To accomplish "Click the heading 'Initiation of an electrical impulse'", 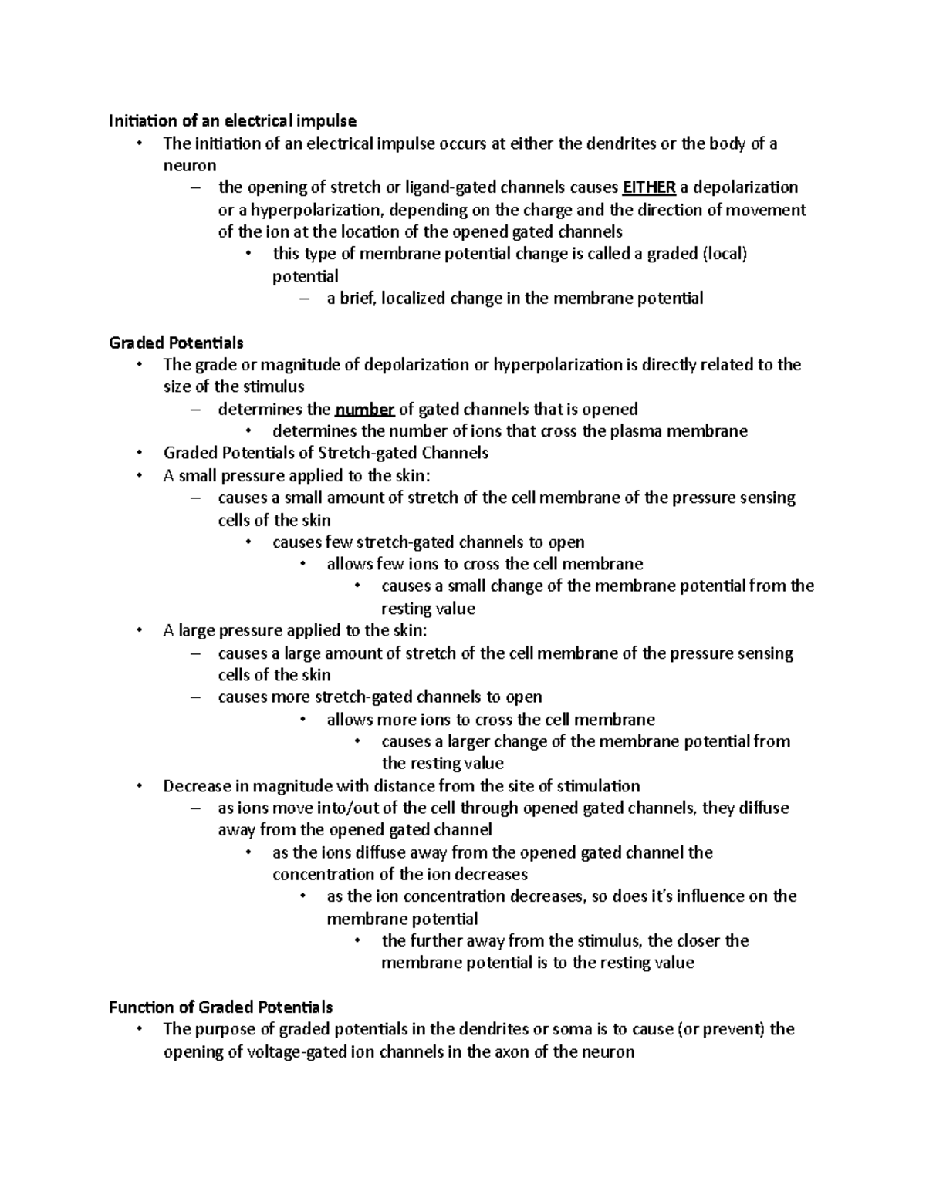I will (232, 120).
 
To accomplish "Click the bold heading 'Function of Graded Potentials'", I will (221, 1007).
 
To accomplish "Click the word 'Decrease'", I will (196, 786).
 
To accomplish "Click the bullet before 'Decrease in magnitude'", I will (139, 786).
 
